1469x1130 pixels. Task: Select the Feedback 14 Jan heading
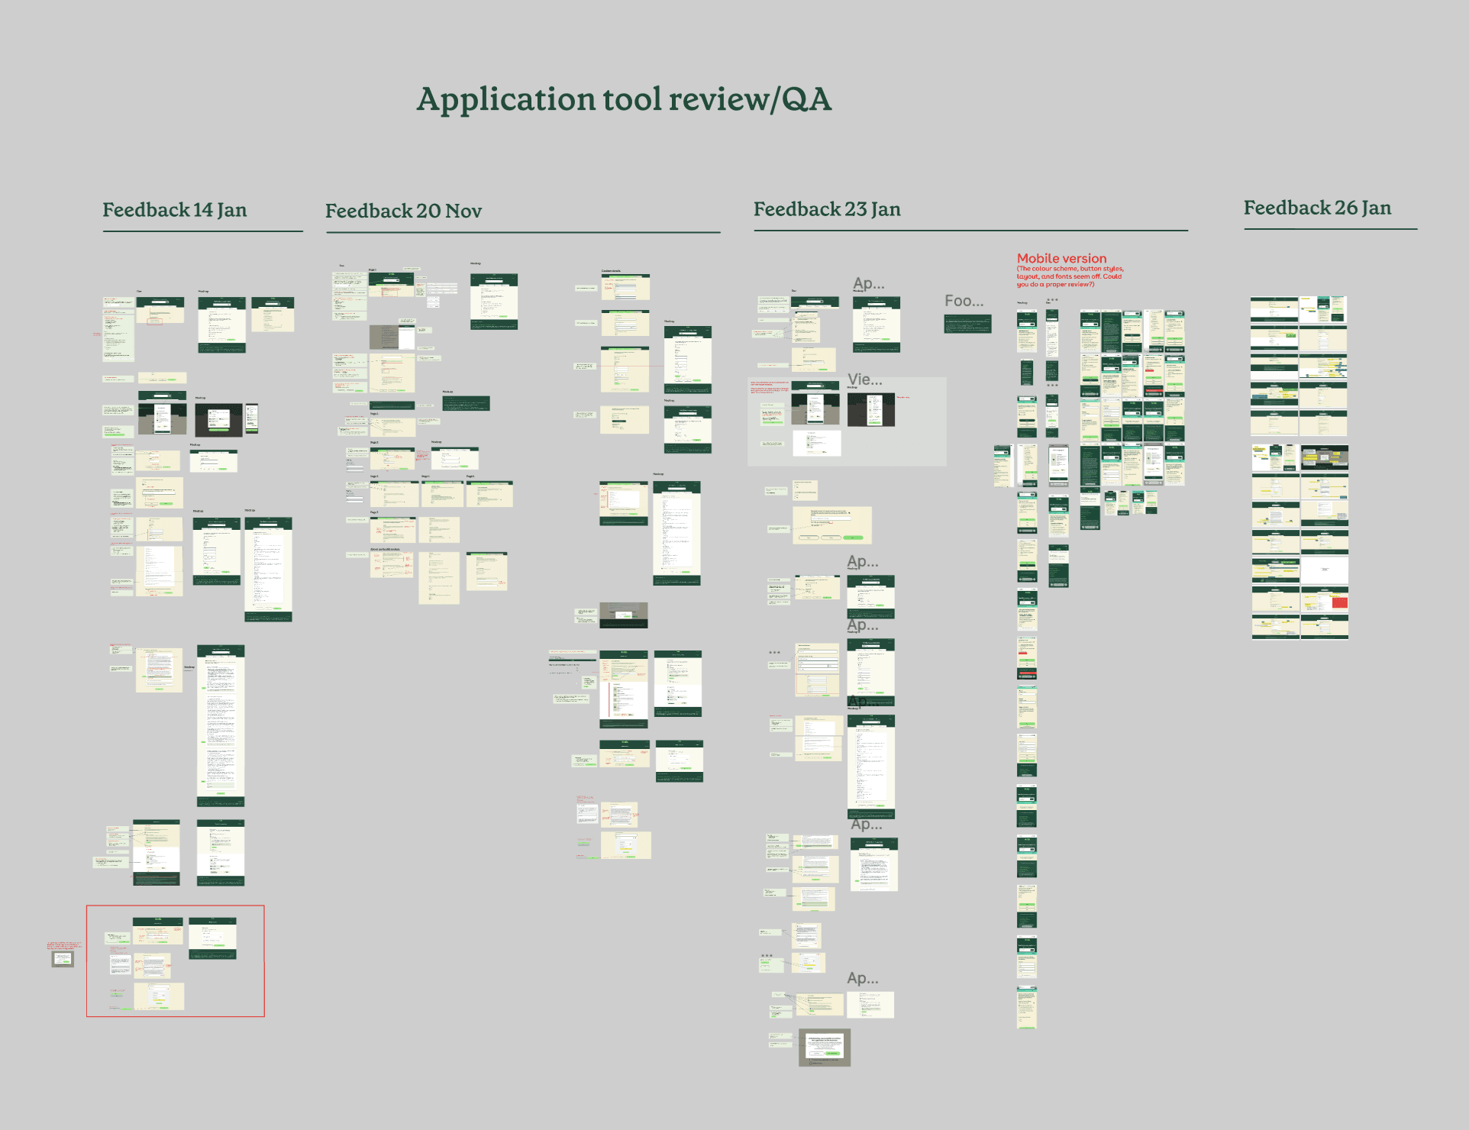[175, 210]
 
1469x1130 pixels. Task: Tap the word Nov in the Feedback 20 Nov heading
[463, 211]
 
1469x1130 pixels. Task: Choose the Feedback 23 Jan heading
[827, 209]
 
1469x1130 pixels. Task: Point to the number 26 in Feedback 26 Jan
[1345, 208]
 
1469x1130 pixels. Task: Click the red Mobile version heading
[1061, 259]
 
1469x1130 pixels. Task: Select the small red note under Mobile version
[1069, 276]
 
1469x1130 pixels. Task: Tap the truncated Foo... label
[964, 301]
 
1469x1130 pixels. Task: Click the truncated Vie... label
[864, 379]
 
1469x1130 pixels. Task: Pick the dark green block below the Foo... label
[967, 324]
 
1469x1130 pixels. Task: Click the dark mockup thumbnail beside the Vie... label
[871, 410]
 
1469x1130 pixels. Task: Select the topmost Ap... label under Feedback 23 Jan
[868, 283]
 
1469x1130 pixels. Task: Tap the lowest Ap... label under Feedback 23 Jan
[862, 978]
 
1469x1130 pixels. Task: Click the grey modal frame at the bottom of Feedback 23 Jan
[825, 1047]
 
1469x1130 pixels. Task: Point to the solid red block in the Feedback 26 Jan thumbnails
[1339, 603]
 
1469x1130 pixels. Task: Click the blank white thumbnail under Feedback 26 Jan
[1324, 570]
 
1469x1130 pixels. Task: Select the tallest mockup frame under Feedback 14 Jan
[221, 725]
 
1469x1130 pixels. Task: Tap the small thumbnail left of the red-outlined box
[63, 959]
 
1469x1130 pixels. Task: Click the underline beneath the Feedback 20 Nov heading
[523, 232]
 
